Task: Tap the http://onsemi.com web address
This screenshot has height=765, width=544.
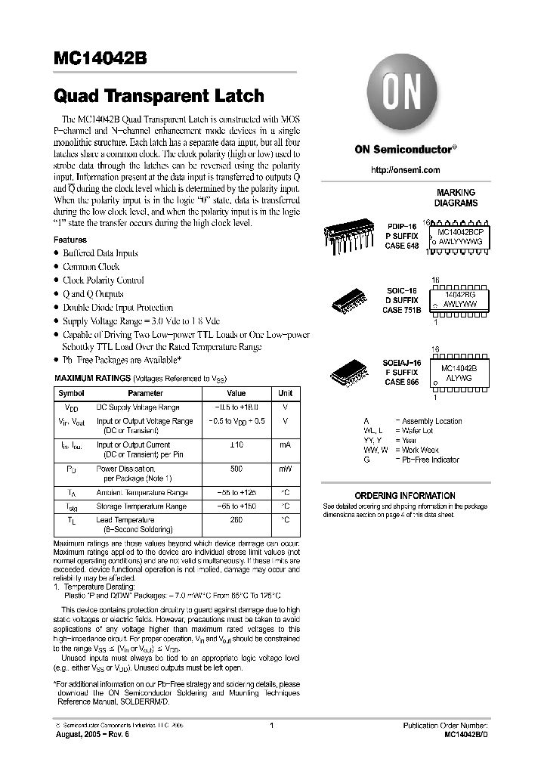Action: pos(406,170)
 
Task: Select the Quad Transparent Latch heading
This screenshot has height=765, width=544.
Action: pos(159,96)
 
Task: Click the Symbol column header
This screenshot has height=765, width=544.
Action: pos(72,393)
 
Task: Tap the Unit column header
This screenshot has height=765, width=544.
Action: pos(285,393)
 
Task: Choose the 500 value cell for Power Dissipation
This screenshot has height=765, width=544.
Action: pos(236,469)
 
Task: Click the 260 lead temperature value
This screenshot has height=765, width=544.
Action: pos(236,520)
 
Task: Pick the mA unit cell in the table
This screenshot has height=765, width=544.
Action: pos(285,445)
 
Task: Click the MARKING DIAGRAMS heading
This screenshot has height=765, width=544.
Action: pos(456,198)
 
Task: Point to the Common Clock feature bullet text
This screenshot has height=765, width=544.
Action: pos(91,267)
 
